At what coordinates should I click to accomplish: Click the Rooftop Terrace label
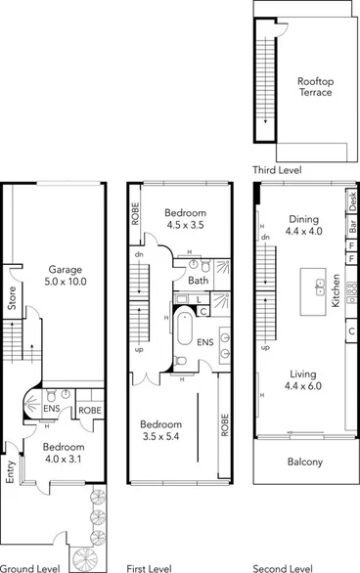315,87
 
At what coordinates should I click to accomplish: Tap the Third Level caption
277,170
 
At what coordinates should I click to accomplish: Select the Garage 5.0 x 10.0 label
67,276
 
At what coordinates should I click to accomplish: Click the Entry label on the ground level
11,472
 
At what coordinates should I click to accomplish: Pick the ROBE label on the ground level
90,411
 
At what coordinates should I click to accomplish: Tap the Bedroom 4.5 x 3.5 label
185,219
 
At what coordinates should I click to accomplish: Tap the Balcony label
304,462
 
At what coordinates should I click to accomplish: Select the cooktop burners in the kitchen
351,290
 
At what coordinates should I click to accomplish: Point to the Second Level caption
282,567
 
